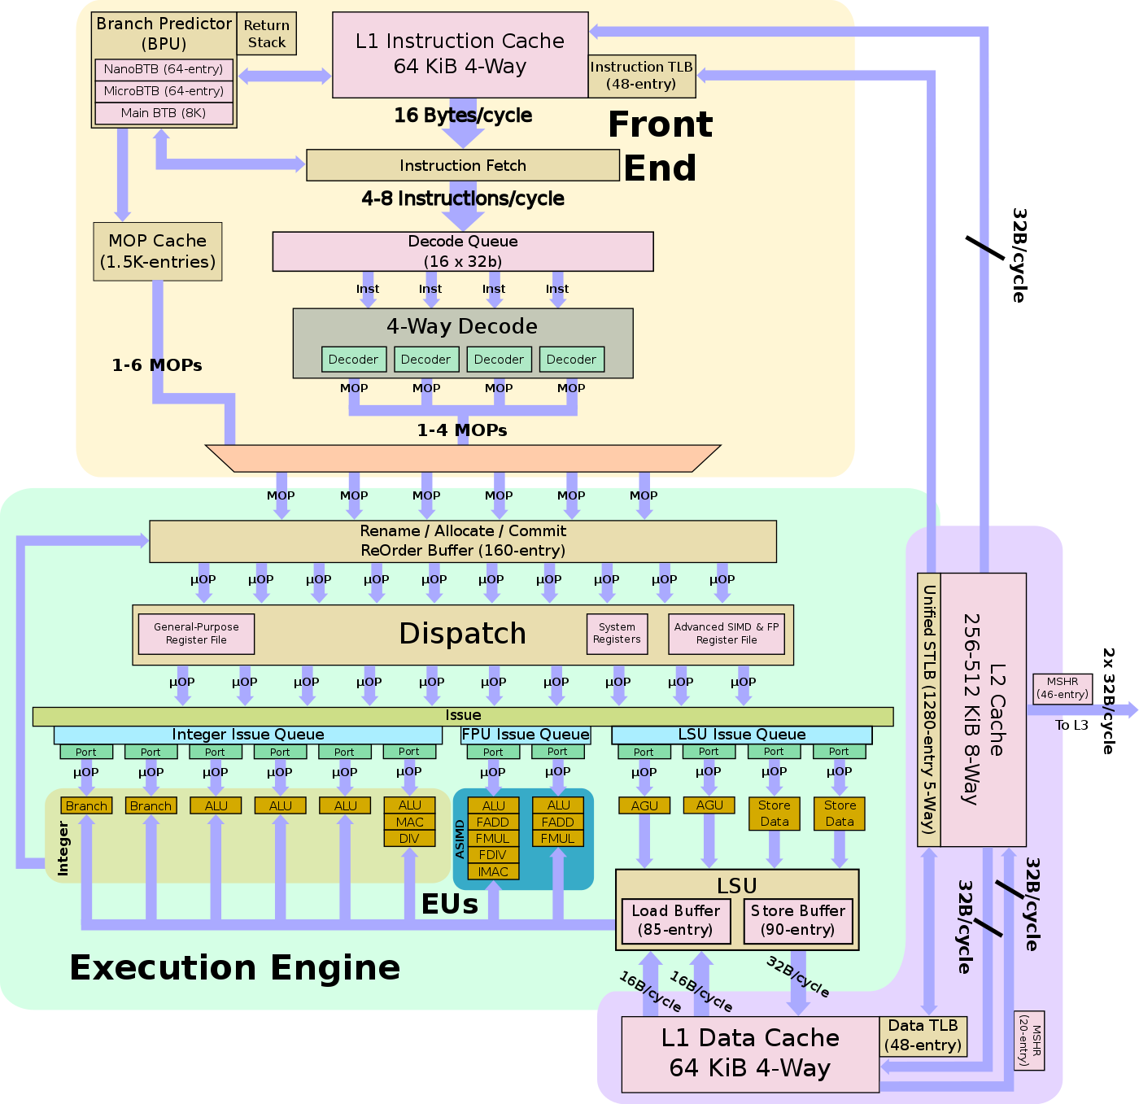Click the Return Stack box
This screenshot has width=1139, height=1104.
coord(267,33)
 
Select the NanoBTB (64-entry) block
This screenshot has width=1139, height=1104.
coord(164,69)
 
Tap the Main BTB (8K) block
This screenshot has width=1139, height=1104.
coord(164,113)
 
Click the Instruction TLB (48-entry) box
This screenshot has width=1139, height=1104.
coord(642,76)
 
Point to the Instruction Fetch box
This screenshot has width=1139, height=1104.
coord(462,165)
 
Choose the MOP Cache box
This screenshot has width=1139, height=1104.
coord(158,251)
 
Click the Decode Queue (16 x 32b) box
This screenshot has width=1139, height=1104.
coord(462,251)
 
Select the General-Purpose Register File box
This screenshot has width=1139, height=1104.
coord(196,634)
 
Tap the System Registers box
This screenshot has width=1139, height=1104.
coord(617,634)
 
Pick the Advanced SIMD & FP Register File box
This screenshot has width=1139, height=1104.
coord(727,634)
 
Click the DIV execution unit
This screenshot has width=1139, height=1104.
coord(409,839)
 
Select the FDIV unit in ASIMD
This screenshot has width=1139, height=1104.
coord(493,855)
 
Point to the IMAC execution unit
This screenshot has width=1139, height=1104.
coord(493,872)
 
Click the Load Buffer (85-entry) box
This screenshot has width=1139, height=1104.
coord(675,921)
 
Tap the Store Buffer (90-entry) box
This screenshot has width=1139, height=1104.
coord(797,921)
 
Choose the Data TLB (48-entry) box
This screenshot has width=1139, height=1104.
coord(923,1036)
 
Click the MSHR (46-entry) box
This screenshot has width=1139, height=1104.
coord(1062,688)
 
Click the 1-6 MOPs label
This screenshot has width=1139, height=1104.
coord(157,365)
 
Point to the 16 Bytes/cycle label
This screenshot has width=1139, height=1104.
coord(463,116)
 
